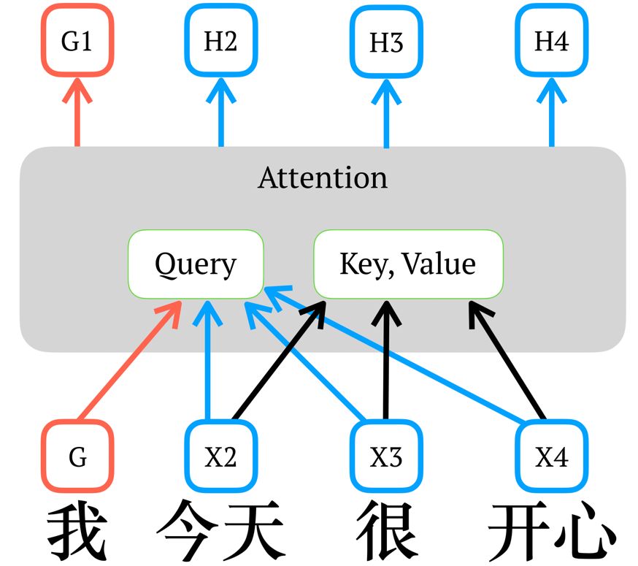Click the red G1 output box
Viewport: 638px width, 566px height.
coord(77,42)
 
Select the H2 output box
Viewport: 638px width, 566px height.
coord(220,42)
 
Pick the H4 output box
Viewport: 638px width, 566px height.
coord(551,42)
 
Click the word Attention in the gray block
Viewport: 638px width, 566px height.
coord(323,177)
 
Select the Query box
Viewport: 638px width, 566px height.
coord(196,264)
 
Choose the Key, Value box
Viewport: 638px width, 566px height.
coord(407,264)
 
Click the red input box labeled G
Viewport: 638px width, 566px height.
coord(77,457)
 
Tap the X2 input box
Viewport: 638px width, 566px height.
coord(220,457)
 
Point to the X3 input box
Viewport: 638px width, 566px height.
coord(386,457)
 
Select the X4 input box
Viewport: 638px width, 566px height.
coord(551,457)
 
